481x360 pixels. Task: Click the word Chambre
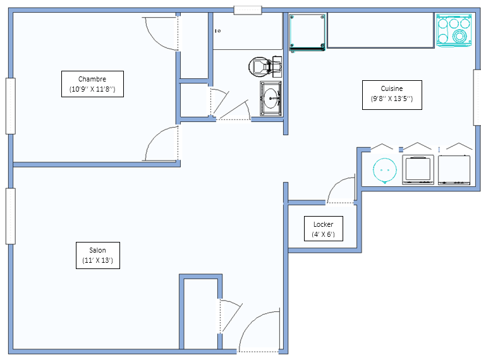pyautogui.click(x=92, y=79)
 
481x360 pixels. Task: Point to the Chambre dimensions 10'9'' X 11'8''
pyautogui.click(x=92, y=89)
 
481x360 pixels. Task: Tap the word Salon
pyautogui.click(x=97, y=250)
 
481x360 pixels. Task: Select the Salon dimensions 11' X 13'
pyautogui.click(x=97, y=260)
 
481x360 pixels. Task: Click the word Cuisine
pyautogui.click(x=392, y=88)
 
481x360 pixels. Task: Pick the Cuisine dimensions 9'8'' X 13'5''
pyautogui.click(x=392, y=99)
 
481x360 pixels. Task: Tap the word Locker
pyautogui.click(x=324, y=224)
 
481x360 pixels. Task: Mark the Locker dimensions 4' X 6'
pyautogui.click(x=324, y=234)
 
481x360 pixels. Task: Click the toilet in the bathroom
pyautogui.click(x=265, y=66)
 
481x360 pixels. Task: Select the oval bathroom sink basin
pyautogui.click(x=271, y=99)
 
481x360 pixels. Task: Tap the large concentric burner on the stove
pyautogui.click(x=460, y=36)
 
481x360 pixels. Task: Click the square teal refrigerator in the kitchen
pyautogui.click(x=307, y=32)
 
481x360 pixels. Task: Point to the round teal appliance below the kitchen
pyautogui.click(x=385, y=171)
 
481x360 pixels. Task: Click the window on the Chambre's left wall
pyautogui.click(x=11, y=106)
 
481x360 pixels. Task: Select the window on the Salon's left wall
pyautogui.click(x=11, y=216)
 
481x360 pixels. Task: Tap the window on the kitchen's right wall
pyautogui.click(x=477, y=97)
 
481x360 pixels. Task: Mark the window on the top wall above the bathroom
pyautogui.click(x=248, y=10)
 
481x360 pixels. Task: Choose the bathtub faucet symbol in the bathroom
pyautogui.click(x=218, y=31)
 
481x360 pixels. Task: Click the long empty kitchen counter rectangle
pyautogui.click(x=381, y=30)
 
